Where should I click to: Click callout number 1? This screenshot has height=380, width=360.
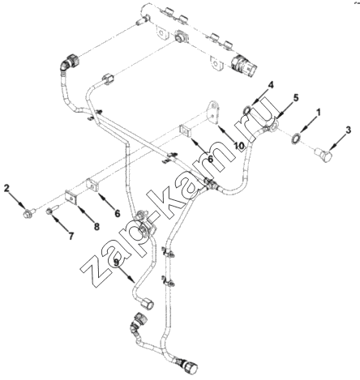click(x=319, y=112)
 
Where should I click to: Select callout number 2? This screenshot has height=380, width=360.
click(x=6, y=188)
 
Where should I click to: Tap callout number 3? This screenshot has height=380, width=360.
click(x=349, y=130)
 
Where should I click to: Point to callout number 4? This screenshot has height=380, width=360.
click(x=271, y=85)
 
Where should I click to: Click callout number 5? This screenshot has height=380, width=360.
click(x=296, y=97)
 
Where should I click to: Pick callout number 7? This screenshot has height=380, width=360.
click(x=71, y=236)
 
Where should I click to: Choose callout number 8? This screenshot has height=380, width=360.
click(x=96, y=226)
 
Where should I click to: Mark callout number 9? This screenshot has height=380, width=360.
click(x=116, y=263)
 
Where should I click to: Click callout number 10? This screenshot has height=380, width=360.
click(x=239, y=146)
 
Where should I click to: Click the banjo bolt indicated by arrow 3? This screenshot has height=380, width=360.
click(x=324, y=156)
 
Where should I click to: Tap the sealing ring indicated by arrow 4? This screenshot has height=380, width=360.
click(x=247, y=110)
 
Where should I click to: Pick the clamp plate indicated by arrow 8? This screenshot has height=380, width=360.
click(x=71, y=196)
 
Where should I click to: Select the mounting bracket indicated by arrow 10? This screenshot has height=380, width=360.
click(x=213, y=113)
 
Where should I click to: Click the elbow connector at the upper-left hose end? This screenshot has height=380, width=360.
click(x=69, y=62)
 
